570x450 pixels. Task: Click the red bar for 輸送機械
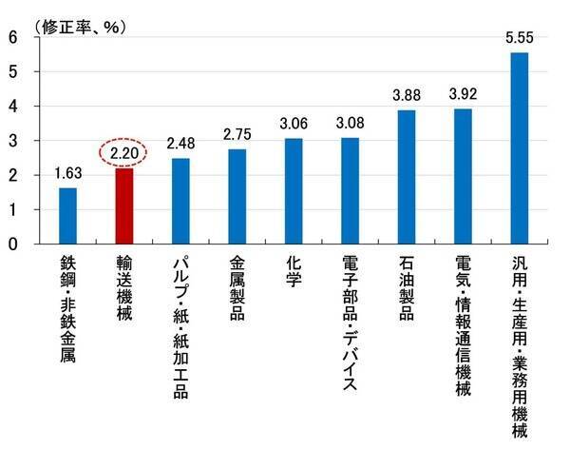(123, 205)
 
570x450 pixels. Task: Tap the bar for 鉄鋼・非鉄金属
(67, 215)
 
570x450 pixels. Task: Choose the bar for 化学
(294, 190)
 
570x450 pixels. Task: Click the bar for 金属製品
(237, 196)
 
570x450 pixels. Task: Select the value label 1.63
(67, 173)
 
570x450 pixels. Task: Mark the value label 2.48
(180, 144)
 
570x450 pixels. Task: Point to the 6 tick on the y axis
(12, 37)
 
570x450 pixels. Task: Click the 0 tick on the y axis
(12, 244)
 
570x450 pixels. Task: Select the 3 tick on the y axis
(12, 141)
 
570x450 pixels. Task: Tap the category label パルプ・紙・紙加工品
(180, 314)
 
